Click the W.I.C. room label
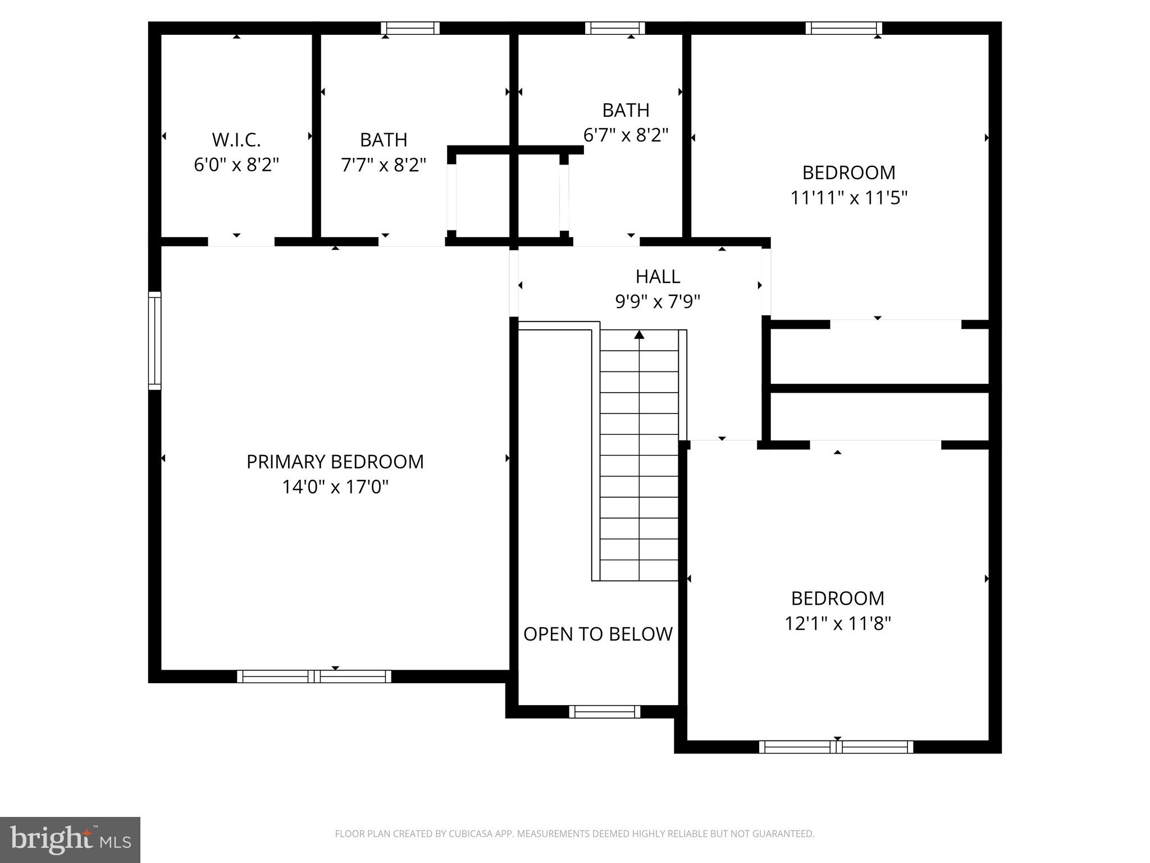click(236, 139)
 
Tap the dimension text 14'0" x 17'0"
click(335, 487)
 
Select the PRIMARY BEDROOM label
click(335, 461)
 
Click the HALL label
click(658, 276)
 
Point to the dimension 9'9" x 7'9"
click(658, 302)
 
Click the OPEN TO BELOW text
click(597, 634)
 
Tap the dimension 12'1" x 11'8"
click(837, 623)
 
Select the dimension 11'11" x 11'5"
click(848, 198)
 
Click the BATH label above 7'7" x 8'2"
click(384, 139)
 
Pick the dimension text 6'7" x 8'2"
click(626, 135)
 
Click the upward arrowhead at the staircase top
click(639, 335)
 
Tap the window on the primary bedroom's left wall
click(154, 340)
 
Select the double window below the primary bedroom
click(314, 676)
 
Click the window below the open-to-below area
click(604, 711)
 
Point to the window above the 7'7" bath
click(410, 28)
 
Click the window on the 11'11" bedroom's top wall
click(843, 28)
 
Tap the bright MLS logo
click(70, 839)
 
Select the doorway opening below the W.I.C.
click(241, 242)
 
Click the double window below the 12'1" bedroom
click(836, 747)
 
